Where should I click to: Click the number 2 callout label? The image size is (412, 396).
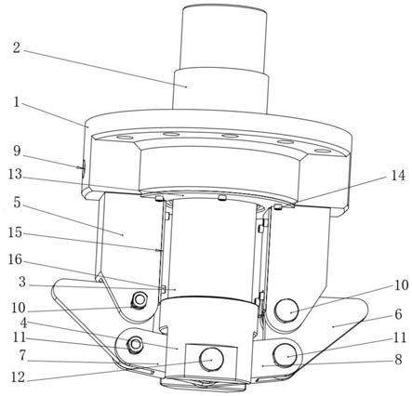point(17,47)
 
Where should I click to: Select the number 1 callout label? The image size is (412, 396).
point(17,103)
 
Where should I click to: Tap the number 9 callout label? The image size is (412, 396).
point(17,152)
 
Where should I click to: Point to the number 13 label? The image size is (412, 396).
point(15,175)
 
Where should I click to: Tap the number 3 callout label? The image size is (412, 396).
point(21,283)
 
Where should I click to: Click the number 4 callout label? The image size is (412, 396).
point(23,323)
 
